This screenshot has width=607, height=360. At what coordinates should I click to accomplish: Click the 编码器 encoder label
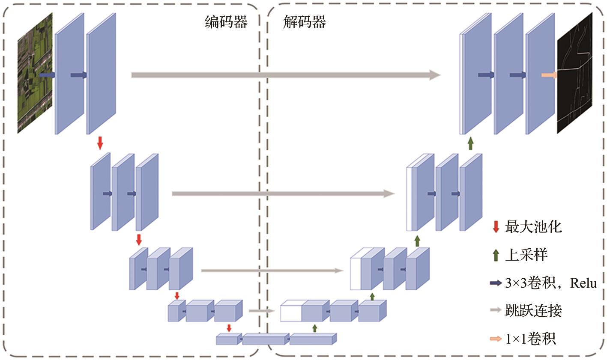pyautogui.click(x=226, y=22)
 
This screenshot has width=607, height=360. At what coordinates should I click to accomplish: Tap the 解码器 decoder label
pyautogui.click(x=305, y=22)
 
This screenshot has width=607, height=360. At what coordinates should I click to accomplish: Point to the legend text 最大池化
pyautogui.click(x=533, y=227)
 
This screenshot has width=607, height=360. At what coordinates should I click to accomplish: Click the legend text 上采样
pyautogui.click(x=526, y=255)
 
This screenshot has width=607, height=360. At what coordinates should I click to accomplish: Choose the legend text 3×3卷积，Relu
pyautogui.click(x=551, y=283)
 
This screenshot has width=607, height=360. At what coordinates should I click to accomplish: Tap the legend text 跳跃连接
pyautogui.click(x=533, y=310)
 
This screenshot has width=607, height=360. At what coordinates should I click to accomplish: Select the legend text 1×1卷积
pyautogui.click(x=530, y=339)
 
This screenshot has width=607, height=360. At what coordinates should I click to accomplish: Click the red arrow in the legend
pyautogui.click(x=496, y=227)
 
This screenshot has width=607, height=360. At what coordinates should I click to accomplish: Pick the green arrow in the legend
pyautogui.click(x=496, y=255)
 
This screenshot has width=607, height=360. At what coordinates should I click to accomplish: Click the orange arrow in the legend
pyautogui.click(x=496, y=339)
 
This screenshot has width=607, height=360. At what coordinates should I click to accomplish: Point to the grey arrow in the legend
pyautogui.click(x=496, y=311)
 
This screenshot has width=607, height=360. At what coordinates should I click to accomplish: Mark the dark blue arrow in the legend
pyautogui.click(x=496, y=283)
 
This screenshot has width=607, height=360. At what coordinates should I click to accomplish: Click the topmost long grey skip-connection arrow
pyautogui.click(x=285, y=75)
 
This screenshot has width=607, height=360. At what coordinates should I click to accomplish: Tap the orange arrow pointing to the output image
pyautogui.click(x=549, y=75)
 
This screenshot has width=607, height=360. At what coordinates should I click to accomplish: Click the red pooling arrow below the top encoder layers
pyautogui.click(x=100, y=143)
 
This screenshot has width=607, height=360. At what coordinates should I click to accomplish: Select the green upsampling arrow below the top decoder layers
pyautogui.click(x=470, y=143)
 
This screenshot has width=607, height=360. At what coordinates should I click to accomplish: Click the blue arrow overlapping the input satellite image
pyautogui.click(x=47, y=75)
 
